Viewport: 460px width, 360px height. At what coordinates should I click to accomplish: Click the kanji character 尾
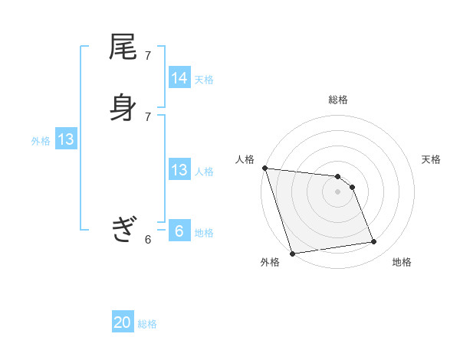pyautogui.click(x=123, y=47)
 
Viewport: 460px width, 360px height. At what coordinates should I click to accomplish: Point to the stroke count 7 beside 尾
pyautogui.click(x=148, y=56)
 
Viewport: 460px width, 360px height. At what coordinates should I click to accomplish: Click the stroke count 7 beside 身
pyautogui.click(x=148, y=116)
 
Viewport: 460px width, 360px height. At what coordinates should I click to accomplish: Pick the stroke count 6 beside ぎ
pyautogui.click(x=148, y=240)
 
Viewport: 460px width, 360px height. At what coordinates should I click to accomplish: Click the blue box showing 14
pyautogui.click(x=179, y=78)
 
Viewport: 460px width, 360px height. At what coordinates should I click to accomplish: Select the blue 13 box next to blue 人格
pyautogui.click(x=179, y=170)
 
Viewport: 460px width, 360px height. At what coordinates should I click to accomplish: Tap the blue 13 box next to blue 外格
pyautogui.click(x=66, y=139)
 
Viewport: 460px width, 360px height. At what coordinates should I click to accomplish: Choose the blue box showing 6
pyautogui.click(x=179, y=231)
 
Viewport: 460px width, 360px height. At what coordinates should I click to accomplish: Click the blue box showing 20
pyautogui.click(x=123, y=322)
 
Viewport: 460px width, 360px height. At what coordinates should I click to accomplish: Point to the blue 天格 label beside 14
pyautogui.click(x=204, y=79)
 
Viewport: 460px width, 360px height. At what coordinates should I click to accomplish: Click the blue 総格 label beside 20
pyautogui.click(x=147, y=324)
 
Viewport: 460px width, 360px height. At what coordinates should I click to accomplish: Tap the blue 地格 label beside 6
pyautogui.click(x=204, y=233)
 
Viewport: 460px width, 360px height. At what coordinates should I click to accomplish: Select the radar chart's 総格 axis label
pyautogui.click(x=337, y=100)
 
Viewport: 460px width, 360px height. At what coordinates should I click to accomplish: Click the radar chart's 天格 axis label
pyautogui.click(x=431, y=159)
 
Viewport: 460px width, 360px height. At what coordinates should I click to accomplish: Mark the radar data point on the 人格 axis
pyautogui.click(x=264, y=168)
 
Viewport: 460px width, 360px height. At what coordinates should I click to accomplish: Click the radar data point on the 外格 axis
pyautogui.click(x=292, y=253)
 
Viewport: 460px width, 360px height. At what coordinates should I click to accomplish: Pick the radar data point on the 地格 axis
pyautogui.click(x=374, y=242)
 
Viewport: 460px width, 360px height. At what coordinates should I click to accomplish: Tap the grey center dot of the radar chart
pyautogui.click(x=337, y=191)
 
